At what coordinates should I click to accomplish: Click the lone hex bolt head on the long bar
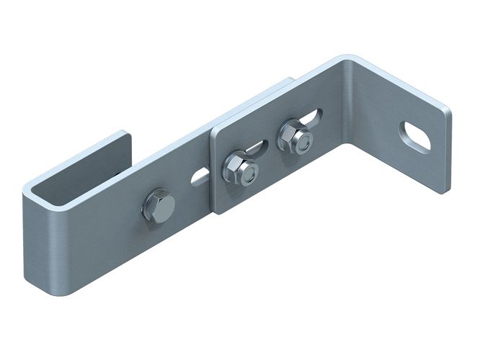[x=159, y=207]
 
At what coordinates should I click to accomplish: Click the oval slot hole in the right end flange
[x=415, y=136]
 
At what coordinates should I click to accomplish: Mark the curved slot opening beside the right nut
[x=314, y=116]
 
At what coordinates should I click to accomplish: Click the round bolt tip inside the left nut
[x=246, y=173]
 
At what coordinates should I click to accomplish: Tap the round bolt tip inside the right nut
[x=303, y=141]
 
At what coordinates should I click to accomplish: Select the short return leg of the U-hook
[x=79, y=156]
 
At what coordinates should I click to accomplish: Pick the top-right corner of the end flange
[x=448, y=112]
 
